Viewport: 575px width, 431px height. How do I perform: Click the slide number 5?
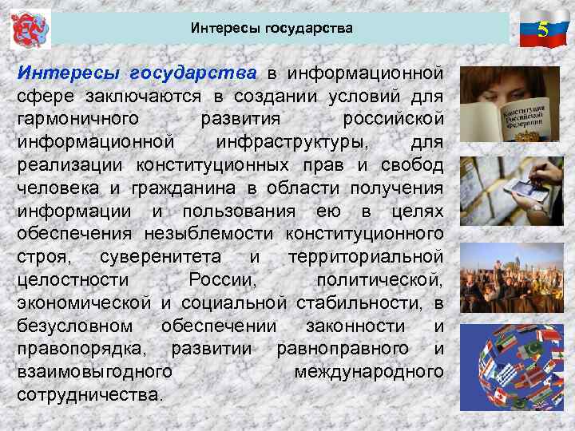(x=543, y=30)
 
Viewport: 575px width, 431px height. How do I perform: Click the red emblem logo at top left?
(x=30, y=30)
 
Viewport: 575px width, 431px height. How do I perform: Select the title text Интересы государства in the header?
(x=272, y=29)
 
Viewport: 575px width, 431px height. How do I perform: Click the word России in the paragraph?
(x=223, y=280)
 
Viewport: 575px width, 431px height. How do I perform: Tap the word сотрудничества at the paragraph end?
(x=89, y=395)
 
